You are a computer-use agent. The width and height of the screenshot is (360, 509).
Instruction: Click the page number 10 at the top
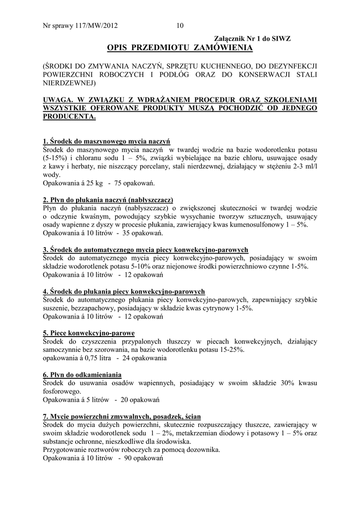pyautogui.click(x=180, y=26)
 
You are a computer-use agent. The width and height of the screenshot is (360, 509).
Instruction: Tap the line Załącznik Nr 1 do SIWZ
pyautogui.click(x=252, y=38)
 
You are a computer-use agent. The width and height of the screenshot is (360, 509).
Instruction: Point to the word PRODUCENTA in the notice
pyautogui.click(x=69, y=116)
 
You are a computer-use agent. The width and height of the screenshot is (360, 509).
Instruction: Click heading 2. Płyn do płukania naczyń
pyautogui.click(x=107, y=200)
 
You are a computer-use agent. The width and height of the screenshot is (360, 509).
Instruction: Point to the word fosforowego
pyautogui.click(x=63, y=391)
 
